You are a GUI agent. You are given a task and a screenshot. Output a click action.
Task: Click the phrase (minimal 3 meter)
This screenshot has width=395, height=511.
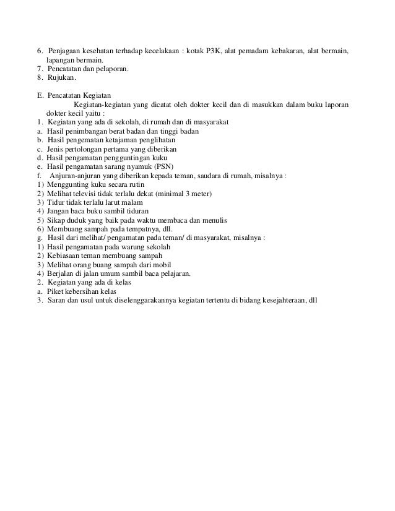click(x=184, y=194)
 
